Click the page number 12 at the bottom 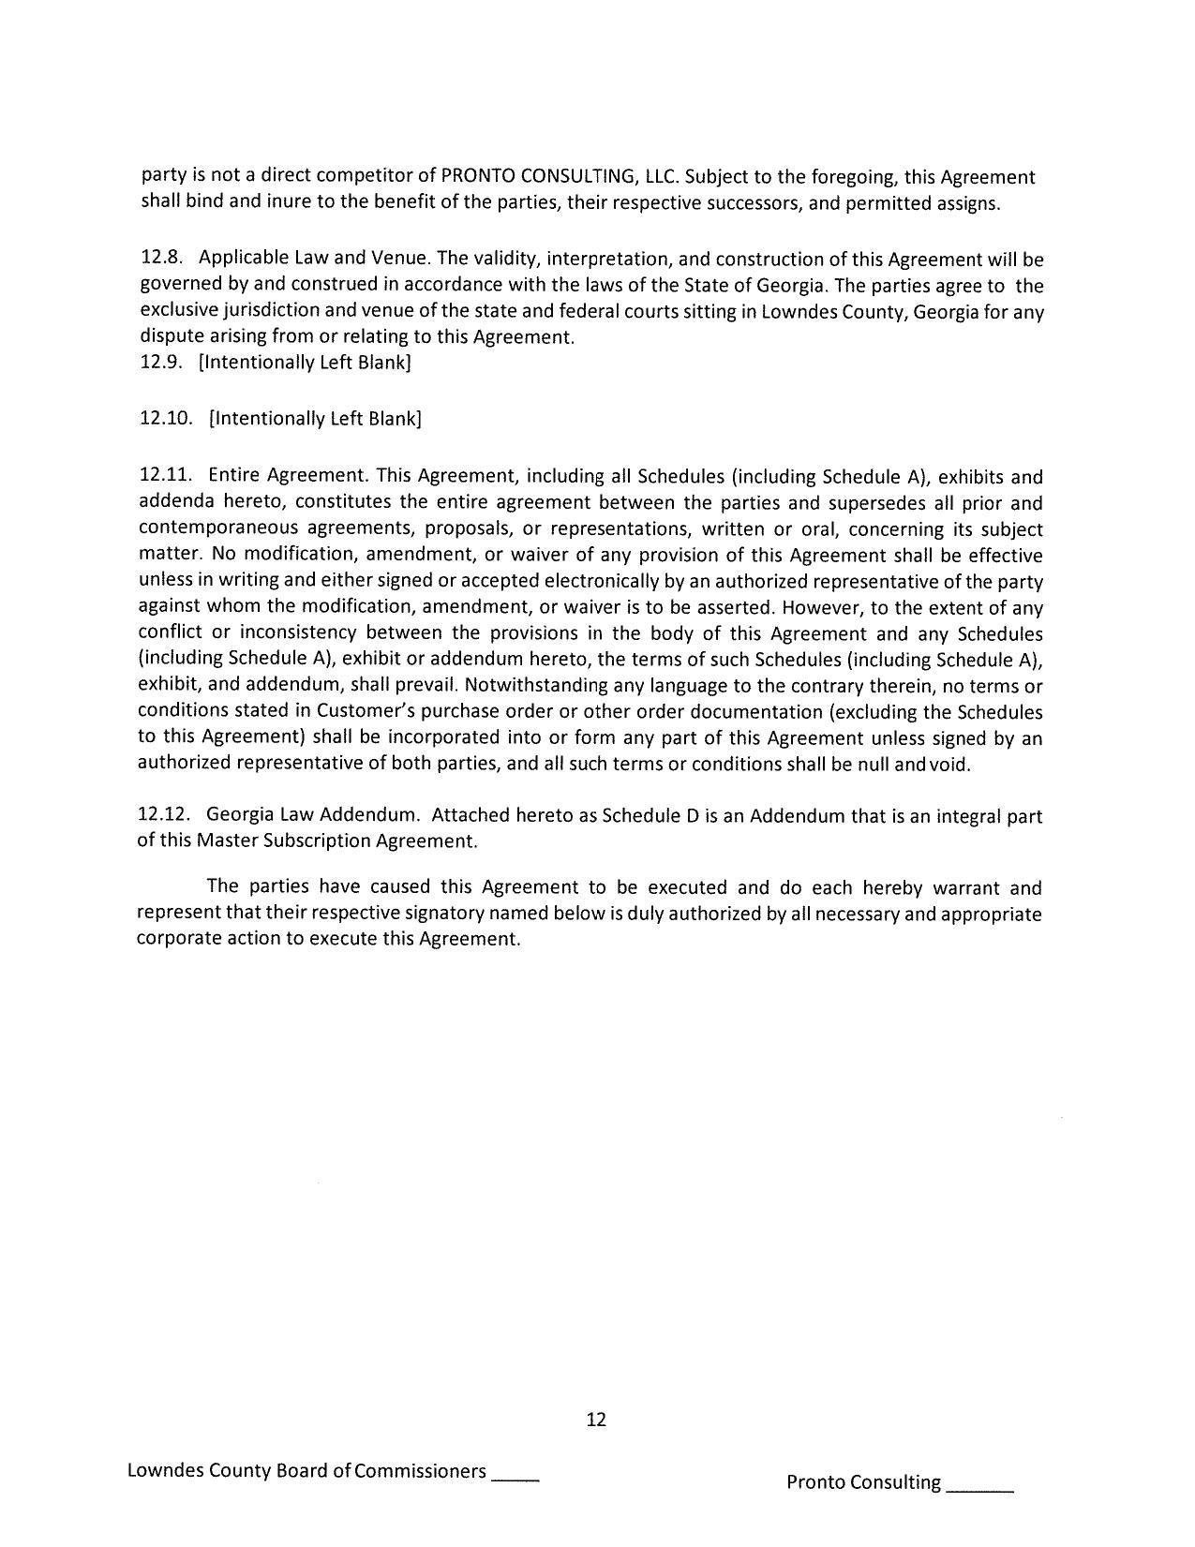click(x=596, y=1420)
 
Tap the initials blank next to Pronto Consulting click(x=980, y=1485)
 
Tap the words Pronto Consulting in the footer click(x=862, y=1482)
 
